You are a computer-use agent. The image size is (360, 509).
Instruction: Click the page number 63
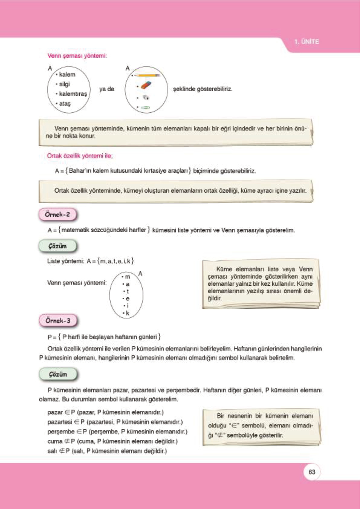(x=312, y=472)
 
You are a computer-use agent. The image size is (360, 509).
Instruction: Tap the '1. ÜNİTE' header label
(x=306, y=42)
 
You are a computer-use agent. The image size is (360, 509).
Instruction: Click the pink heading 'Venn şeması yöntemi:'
(x=77, y=56)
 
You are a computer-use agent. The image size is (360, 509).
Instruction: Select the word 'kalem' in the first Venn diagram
(x=67, y=74)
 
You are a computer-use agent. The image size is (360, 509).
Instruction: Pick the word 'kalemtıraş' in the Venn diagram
(x=73, y=94)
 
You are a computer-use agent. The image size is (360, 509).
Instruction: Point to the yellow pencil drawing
(x=147, y=75)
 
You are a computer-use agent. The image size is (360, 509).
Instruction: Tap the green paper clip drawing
(x=145, y=107)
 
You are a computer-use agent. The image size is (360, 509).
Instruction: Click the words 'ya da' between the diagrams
(x=107, y=89)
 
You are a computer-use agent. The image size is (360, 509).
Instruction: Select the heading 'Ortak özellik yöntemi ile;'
(x=79, y=156)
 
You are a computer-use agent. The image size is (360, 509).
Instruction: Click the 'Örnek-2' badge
(x=57, y=215)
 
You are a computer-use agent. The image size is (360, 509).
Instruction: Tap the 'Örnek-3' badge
(x=58, y=320)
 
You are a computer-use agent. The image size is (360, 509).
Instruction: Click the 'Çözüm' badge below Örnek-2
(x=57, y=246)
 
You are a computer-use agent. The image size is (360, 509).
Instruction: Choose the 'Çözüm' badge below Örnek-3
(x=58, y=374)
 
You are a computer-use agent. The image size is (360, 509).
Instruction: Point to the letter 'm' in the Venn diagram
(x=128, y=277)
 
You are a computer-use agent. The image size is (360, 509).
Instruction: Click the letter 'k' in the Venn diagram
(x=128, y=313)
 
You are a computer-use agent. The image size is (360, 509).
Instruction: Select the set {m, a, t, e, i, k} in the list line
(x=115, y=261)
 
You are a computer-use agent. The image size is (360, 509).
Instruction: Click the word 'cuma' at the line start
(x=55, y=441)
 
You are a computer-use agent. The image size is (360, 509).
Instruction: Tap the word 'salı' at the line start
(x=52, y=451)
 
